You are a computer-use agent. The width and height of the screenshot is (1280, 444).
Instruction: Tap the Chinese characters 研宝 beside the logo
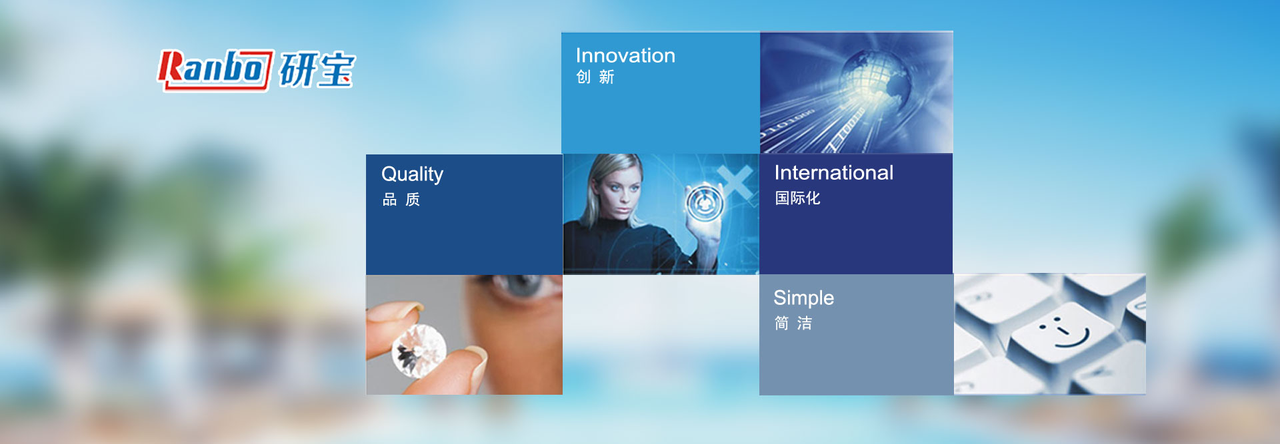point(317,70)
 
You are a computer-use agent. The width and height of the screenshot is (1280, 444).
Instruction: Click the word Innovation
point(625,55)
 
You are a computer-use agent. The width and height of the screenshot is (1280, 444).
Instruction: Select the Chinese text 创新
point(595,77)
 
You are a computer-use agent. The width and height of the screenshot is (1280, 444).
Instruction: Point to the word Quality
point(412,174)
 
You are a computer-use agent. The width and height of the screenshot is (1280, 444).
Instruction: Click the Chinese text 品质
point(401,200)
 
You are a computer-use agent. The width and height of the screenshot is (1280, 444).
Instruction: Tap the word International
point(833,173)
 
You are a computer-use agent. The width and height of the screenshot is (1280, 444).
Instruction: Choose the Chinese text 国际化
point(797,198)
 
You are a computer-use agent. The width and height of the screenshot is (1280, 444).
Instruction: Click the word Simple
point(803,298)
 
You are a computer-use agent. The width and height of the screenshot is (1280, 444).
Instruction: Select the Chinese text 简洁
point(793,324)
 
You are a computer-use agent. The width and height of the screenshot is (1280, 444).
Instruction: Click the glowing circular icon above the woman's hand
point(705,203)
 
